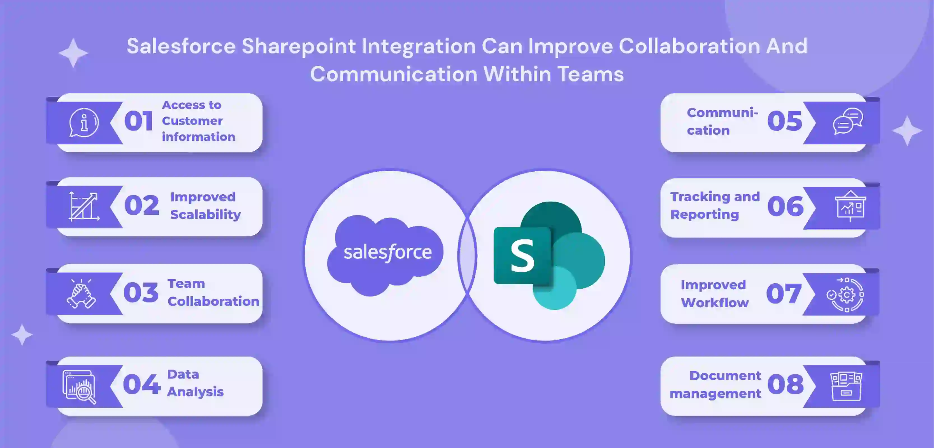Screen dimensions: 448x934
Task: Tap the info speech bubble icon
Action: point(84,123)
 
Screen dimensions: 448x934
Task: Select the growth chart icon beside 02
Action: point(84,206)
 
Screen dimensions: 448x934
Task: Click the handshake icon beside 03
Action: point(81,294)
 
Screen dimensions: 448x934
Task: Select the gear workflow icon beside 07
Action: point(845,295)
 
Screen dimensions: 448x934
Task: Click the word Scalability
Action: point(205,214)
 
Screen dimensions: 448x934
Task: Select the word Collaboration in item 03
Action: point(213,302)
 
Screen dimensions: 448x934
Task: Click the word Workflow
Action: point(715,303)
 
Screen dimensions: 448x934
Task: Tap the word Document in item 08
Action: point(725,376)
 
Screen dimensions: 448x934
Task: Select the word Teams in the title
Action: point(590,74)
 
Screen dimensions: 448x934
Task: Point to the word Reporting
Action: point(704,214)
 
